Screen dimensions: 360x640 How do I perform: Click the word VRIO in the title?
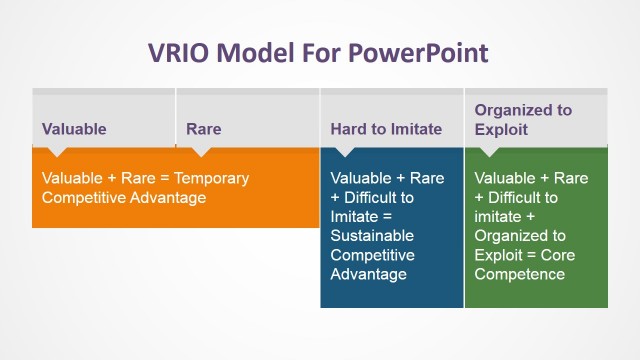182,52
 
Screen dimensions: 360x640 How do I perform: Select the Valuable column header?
74,129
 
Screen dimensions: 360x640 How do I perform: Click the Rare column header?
204,129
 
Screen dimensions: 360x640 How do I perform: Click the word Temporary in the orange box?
212,178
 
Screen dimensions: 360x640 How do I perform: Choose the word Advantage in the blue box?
368,274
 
